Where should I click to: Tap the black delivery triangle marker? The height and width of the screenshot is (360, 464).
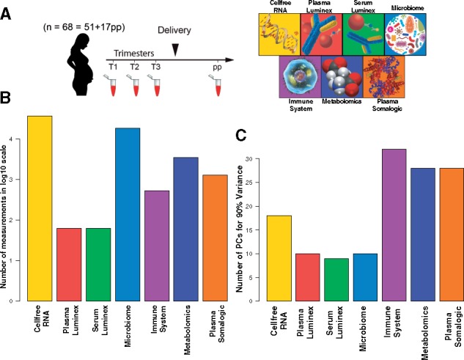coord(174,49)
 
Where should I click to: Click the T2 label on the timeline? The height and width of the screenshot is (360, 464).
coord(134,67)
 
